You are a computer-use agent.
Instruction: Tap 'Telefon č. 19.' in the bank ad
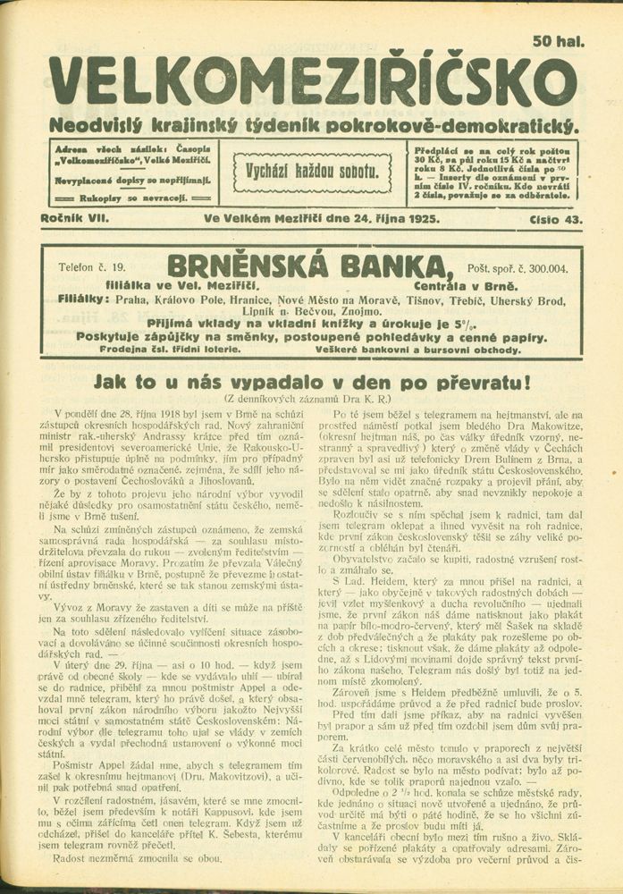[x=92, y=266]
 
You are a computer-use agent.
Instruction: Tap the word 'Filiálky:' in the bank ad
[x=82, y=299]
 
